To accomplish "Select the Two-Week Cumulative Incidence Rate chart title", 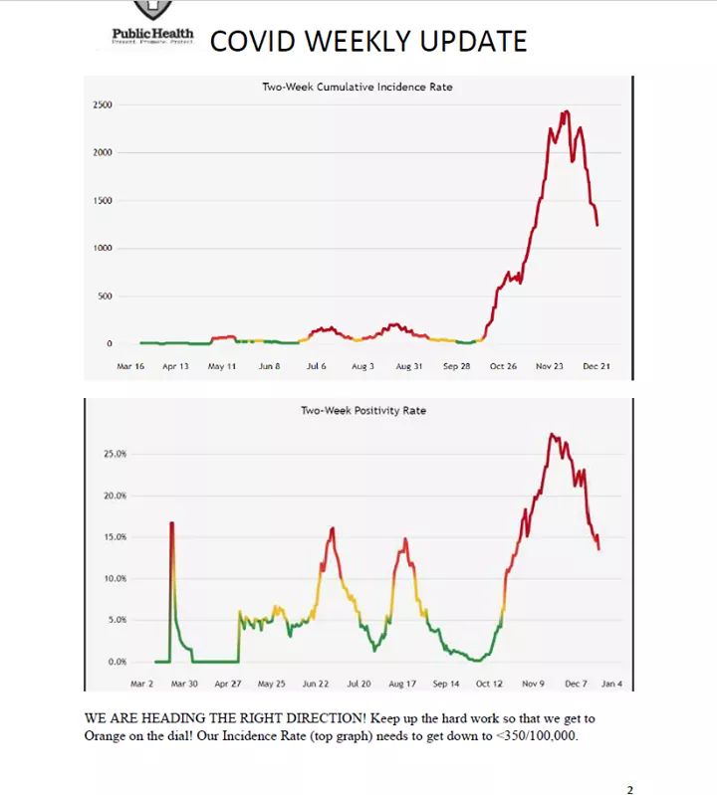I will click(357, 88).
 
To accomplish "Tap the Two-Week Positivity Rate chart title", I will click(362, 410).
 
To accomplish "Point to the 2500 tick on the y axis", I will click(103, 104).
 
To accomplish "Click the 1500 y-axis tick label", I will click(103, 201).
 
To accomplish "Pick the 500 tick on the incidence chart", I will click(105, 297).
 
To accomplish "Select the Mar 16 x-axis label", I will click(130, 366).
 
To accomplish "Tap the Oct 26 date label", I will click(503, 366).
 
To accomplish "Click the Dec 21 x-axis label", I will click(596, 366).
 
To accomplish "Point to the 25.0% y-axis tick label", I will click(116, 454).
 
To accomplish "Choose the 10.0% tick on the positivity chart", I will click(116, 578).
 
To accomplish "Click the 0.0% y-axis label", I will click(118, 662).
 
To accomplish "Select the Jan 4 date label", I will click(611, 684).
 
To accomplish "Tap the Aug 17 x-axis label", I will click(402, 684).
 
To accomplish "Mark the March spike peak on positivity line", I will click(171, 522).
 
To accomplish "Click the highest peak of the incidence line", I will click(566, 111).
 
